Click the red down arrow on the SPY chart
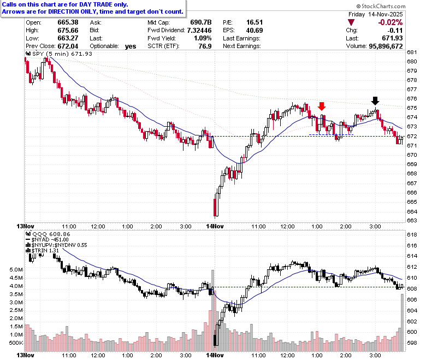coord(322,106)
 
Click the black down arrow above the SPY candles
coord(375,101)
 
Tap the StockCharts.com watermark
coord(381,6)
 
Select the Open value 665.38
coord(68,22)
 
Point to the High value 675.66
coord(68,30)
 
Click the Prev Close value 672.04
coord(68,46)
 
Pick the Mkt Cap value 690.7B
coord(201,22)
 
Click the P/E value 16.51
coord(255,22)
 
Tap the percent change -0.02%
coord(390,22)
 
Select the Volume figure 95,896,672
coord(386,46)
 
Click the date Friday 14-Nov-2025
coord(376,14)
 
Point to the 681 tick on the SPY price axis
coord(412,52)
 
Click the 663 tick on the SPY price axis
coord(412,220)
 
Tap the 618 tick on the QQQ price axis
coord(412,234)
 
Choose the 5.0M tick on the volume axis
coord(16,269)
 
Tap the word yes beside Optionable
coord(131,46)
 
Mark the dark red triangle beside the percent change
coord(351,22)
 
